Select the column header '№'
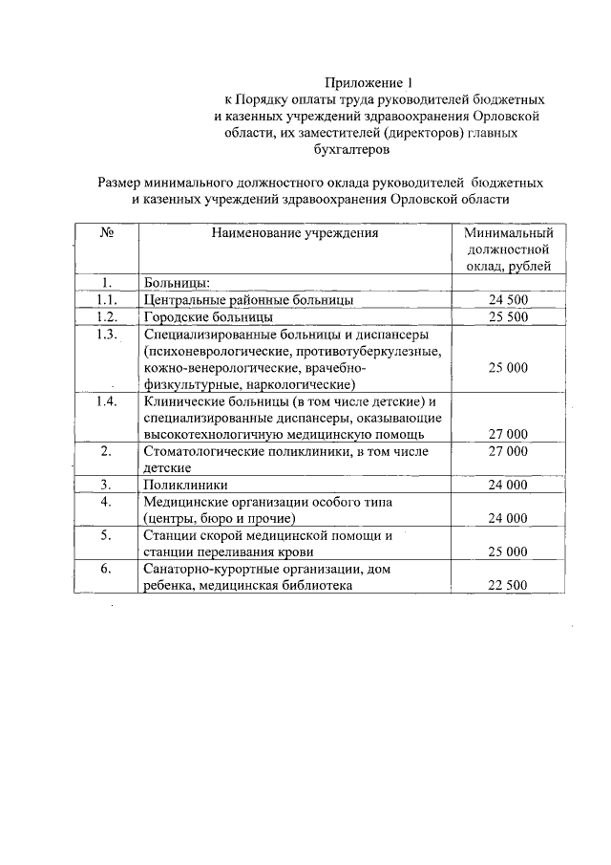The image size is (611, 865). tap(107, 231)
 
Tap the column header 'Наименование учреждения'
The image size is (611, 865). tap(295, 231)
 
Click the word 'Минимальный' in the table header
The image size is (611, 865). tap(509, 232)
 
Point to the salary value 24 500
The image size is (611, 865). tap(508, 299)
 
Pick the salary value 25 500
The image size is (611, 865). tap(508, 316)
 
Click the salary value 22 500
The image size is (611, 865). tap(508, 586)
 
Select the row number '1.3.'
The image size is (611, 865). tap(107, 334)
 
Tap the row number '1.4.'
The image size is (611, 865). tap(107, 400)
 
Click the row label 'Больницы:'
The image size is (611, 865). tap(177, 283)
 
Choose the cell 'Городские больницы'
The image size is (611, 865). tap(208, 316)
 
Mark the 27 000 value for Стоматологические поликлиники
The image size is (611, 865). tap(508, 451)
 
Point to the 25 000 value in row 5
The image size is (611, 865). tap(508, 552)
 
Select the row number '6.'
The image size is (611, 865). tap(107, 569)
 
